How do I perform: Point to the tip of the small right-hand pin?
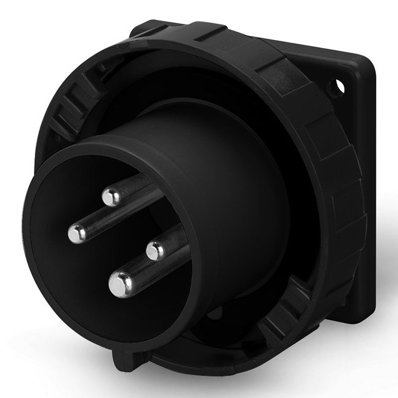tap(155, 250)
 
